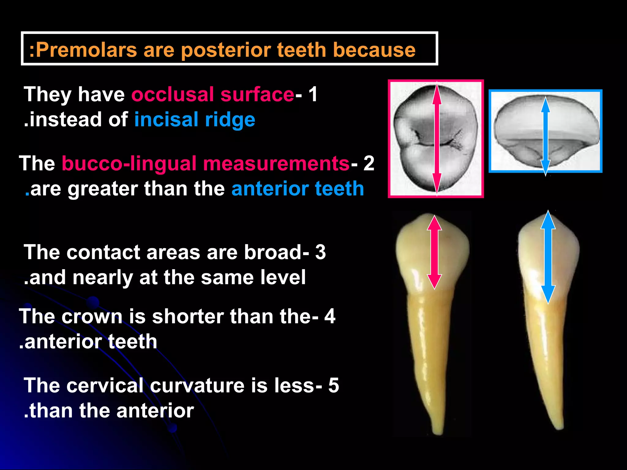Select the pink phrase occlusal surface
[213, 94]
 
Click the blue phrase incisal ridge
[195, 119]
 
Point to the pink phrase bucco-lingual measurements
[205, 163]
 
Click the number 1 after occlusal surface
[313, 94]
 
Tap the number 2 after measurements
[369, 163]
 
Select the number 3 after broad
[321, 252]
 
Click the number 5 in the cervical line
[334, 385]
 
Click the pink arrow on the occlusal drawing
[437, 138]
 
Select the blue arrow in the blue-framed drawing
[546, 136]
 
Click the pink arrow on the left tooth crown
[434, 252]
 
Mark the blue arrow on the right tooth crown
[548, 257]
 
